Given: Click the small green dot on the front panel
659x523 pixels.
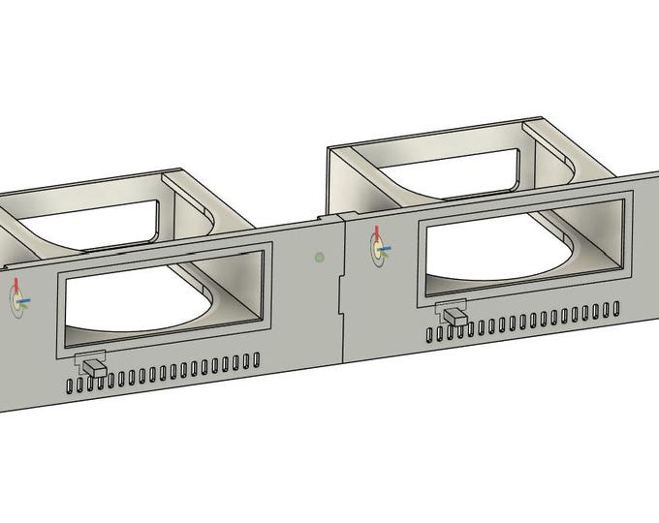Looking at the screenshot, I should [x=320, y=258].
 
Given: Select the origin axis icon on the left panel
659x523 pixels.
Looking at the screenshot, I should [x=18, y=300].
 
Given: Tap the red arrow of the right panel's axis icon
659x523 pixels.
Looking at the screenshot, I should [x=377, y=235].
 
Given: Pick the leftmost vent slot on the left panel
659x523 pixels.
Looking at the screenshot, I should [x=70, y=385].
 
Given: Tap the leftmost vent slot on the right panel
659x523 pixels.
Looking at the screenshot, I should [x=429, y=335].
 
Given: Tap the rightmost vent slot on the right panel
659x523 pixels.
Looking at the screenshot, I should [x=615, y=309].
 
